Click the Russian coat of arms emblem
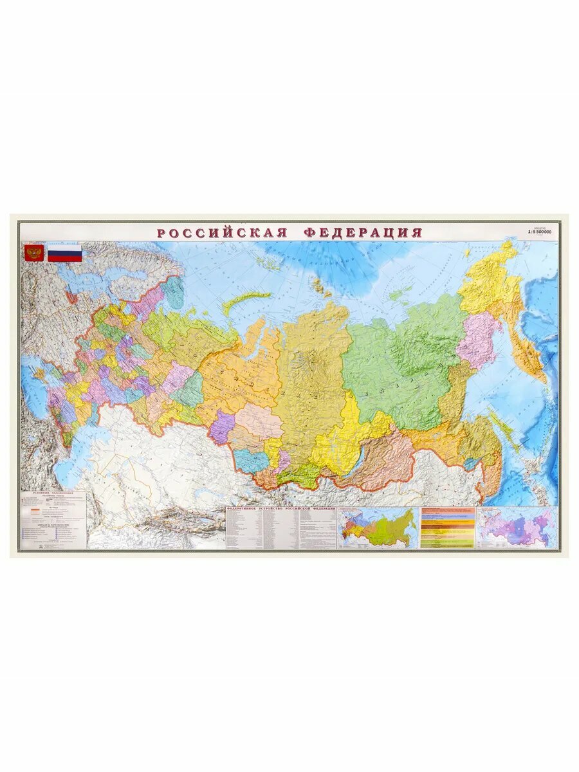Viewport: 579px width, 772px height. coord(33,252)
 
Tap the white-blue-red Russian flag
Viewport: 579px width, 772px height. coord(65,253)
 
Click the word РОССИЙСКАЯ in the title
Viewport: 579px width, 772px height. coord(222,232)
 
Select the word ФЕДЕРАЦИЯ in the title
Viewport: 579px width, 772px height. coord(363,232)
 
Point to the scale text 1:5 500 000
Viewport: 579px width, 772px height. coord(539,231)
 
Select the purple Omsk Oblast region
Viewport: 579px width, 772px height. coord(222,426)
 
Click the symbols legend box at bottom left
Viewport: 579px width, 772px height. coord(53,520)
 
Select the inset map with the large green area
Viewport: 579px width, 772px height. coord(378,527)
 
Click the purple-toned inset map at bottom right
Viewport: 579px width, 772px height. coord(517,527)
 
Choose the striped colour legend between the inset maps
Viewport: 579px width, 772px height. coord(447,527)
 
